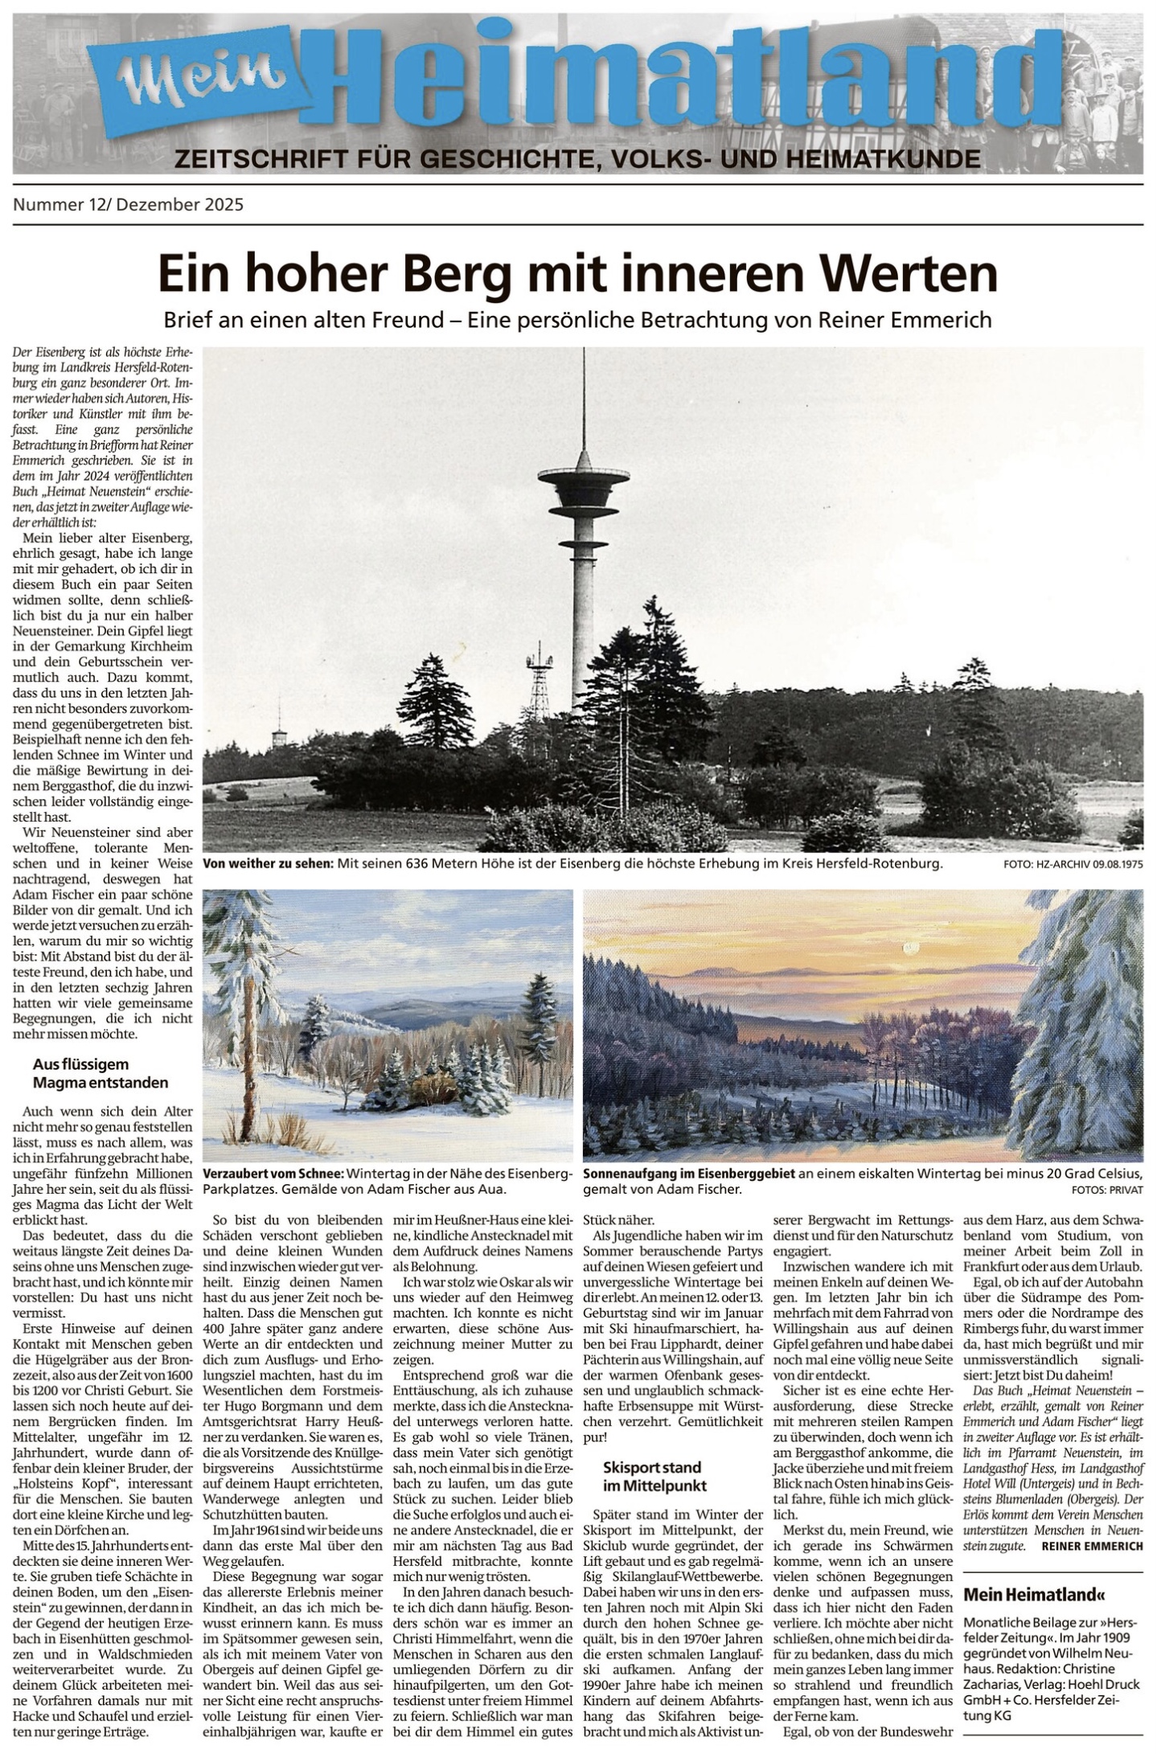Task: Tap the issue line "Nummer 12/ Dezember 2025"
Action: [128, 205]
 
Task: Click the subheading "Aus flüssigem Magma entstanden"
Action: [101, 1072]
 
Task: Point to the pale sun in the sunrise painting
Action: [910, 949]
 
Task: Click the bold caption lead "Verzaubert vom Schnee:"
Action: [273, 1174]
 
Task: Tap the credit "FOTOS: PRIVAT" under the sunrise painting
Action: [1107, 1189]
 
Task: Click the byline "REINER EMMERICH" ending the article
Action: [1091, 1547]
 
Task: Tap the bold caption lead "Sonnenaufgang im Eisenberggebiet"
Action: [688, 1174]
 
